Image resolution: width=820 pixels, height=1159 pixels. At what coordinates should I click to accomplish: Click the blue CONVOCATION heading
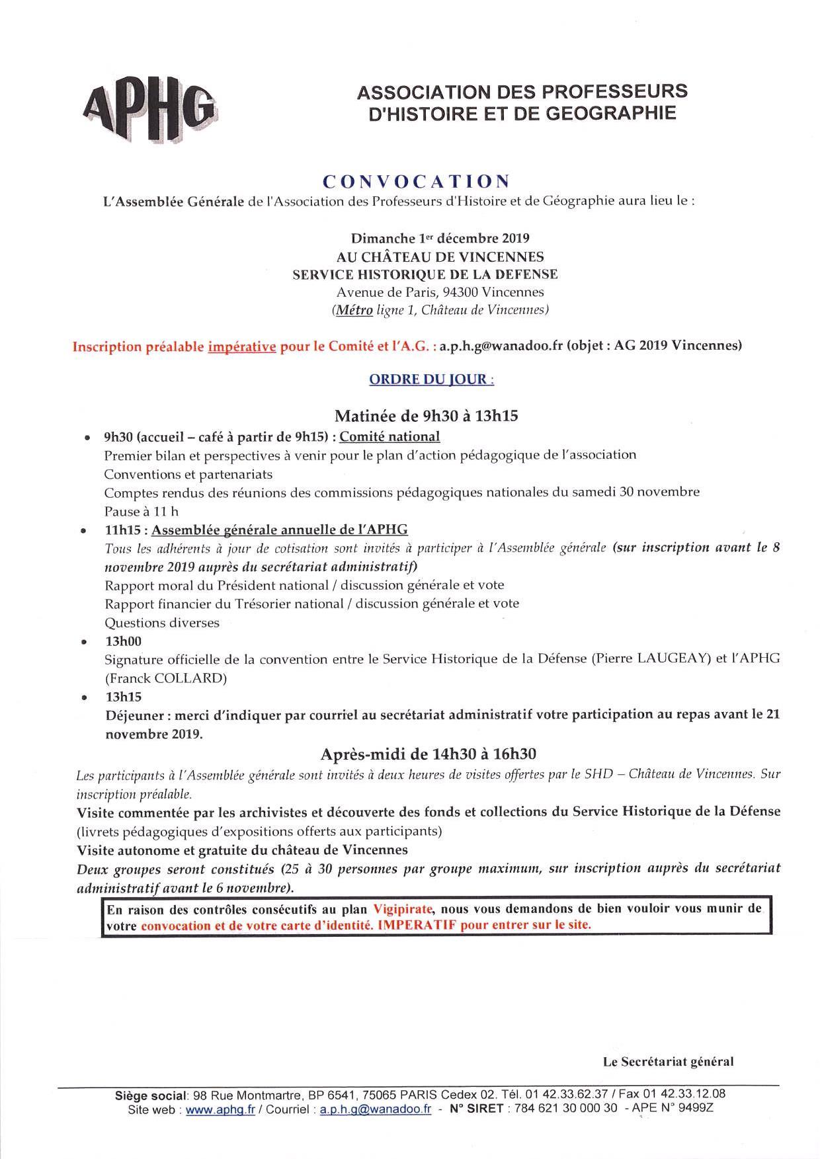[x=416, y=181]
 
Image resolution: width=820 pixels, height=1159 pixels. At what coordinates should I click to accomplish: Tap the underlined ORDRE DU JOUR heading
[x=431, y=380]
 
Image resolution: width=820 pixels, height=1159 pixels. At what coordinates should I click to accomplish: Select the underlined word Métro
[x=353, y=309]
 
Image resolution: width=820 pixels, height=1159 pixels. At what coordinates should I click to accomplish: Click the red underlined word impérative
[x=241, y=346]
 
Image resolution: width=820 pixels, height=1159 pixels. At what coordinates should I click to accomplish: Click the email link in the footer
[x=375, y=1109]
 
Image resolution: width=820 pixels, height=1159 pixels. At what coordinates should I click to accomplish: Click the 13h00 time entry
[x=122, y=641]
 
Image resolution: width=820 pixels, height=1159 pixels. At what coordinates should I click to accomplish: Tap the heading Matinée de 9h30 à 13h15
[x=426, y=416]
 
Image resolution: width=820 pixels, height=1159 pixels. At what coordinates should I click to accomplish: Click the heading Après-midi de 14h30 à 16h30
[x=428, y=754]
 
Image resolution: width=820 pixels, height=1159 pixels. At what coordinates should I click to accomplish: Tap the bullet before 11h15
[x=83, y=531]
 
